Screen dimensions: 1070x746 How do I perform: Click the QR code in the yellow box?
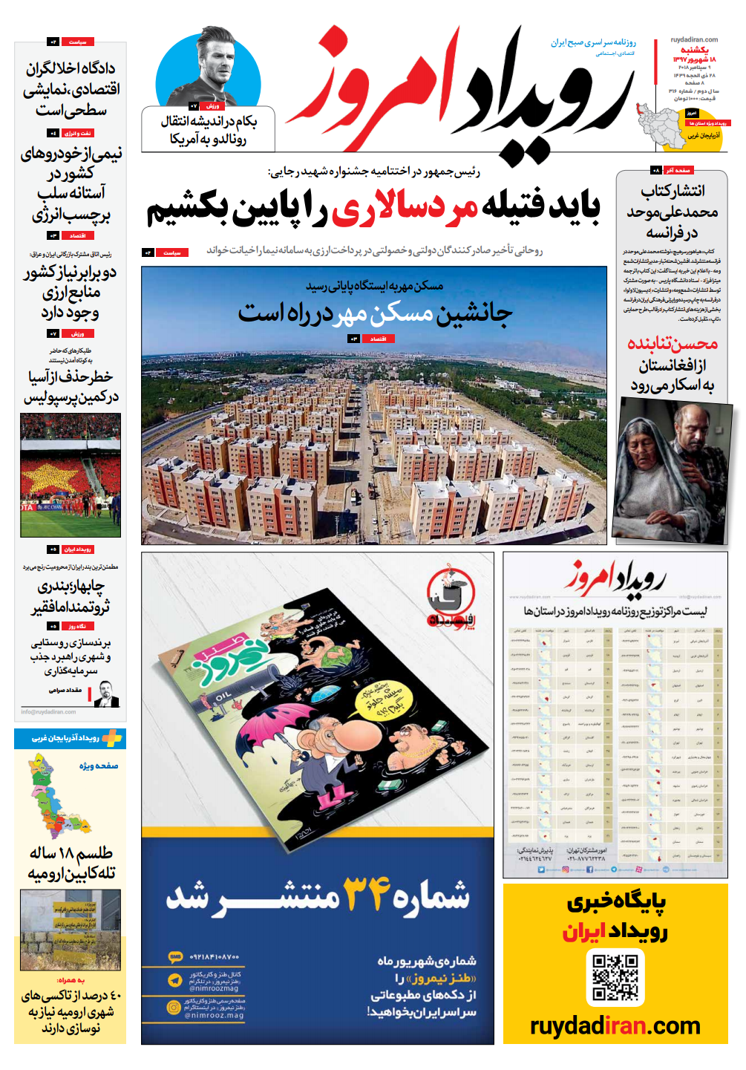coord(615,977)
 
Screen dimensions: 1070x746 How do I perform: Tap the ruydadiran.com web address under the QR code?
coord(615,1026)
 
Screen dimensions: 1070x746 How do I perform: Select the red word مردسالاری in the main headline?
coord(405,209)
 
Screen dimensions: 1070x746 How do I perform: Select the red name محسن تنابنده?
coord(672,343)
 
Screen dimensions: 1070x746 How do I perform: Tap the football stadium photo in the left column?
coord(71,475)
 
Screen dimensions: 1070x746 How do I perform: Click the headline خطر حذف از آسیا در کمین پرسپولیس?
coord(71,387)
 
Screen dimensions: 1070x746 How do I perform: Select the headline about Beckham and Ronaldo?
coord(209,130)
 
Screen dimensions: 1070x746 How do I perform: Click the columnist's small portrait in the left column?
coord(106,694)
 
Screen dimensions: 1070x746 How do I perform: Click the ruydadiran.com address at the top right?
coord(694,40)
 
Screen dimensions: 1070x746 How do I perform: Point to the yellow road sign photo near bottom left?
coord(71,930)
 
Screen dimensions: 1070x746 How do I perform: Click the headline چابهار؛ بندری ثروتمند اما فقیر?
coord(71,597)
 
